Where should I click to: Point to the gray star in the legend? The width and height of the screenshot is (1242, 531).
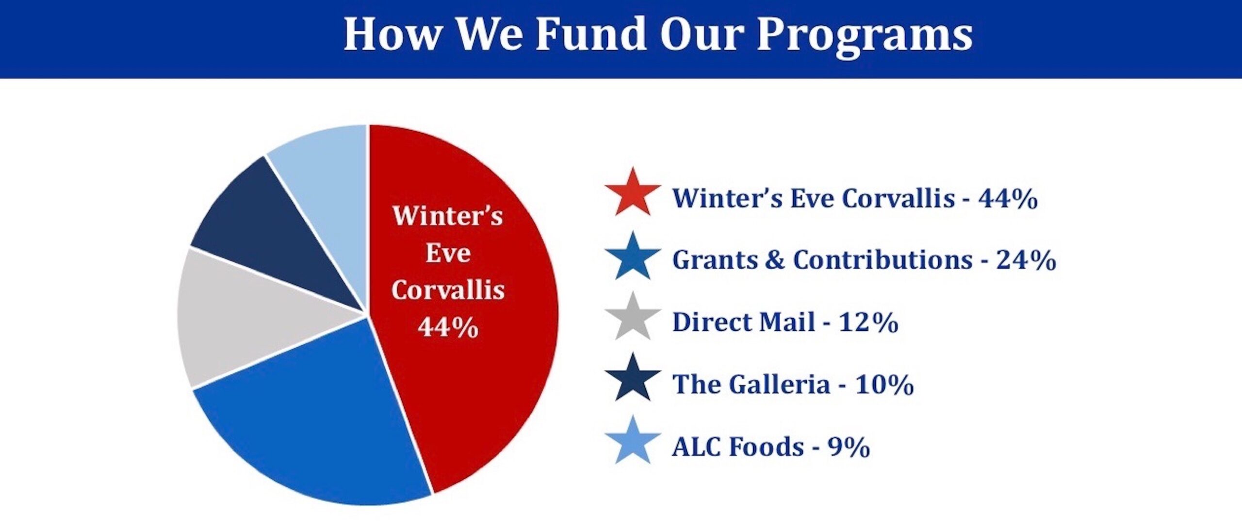coord(633,318)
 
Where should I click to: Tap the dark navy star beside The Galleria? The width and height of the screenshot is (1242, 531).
coord(633,379)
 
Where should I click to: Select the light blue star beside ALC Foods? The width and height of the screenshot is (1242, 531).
coord(633,442)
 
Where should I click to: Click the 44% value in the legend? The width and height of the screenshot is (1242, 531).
coord(1008,198)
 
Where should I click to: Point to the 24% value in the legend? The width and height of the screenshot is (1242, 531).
coord(1026,260)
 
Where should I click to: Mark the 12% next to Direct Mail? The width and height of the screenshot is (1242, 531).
coord(868,322)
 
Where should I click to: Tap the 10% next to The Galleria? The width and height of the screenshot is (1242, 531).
coord(884,385)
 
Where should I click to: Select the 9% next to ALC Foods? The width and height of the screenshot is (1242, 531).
coord(849,447)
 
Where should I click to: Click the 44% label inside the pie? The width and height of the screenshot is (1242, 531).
coord(448,327)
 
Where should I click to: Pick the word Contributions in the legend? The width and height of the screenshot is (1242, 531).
coord(882,260)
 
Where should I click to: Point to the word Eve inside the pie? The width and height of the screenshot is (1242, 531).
coord(448,253)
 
